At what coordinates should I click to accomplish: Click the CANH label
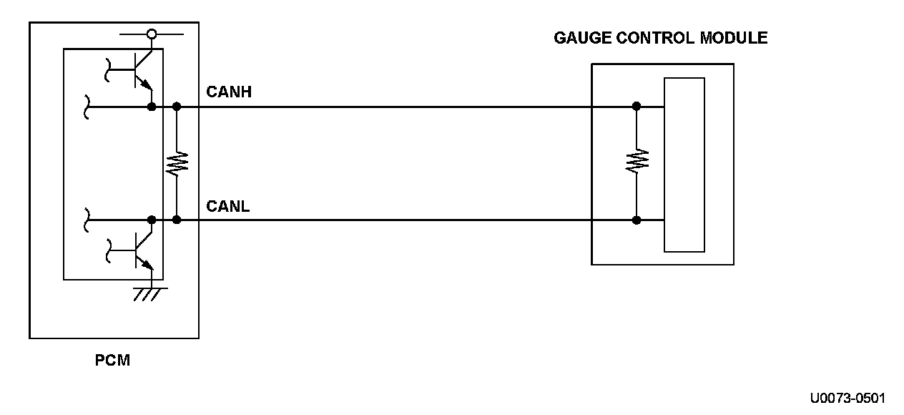(x=228, y=92)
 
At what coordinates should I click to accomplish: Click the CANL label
(x=227, y=207)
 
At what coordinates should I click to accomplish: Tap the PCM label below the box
(x=113, y=361)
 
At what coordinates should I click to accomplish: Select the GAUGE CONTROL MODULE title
(x=660, y=39)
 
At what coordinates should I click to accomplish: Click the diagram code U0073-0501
(x=847, y=399)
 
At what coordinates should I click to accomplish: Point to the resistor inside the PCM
(x=177, y=163)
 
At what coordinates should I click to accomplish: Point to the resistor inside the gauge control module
(x=637, y=162)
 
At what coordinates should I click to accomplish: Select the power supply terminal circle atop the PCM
(x=152, y=33)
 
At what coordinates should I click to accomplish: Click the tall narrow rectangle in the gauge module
(x=684, y=165)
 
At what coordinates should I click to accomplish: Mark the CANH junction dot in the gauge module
(x=637, y=107)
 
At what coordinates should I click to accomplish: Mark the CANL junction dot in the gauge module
(x=637, y=220)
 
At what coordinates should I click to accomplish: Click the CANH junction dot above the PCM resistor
(x=177, y=107)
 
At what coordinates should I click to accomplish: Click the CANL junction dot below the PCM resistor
(x=177, y=220)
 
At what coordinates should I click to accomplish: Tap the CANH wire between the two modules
(x=393, y=107)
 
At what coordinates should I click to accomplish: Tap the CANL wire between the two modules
(x=393, y=220)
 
